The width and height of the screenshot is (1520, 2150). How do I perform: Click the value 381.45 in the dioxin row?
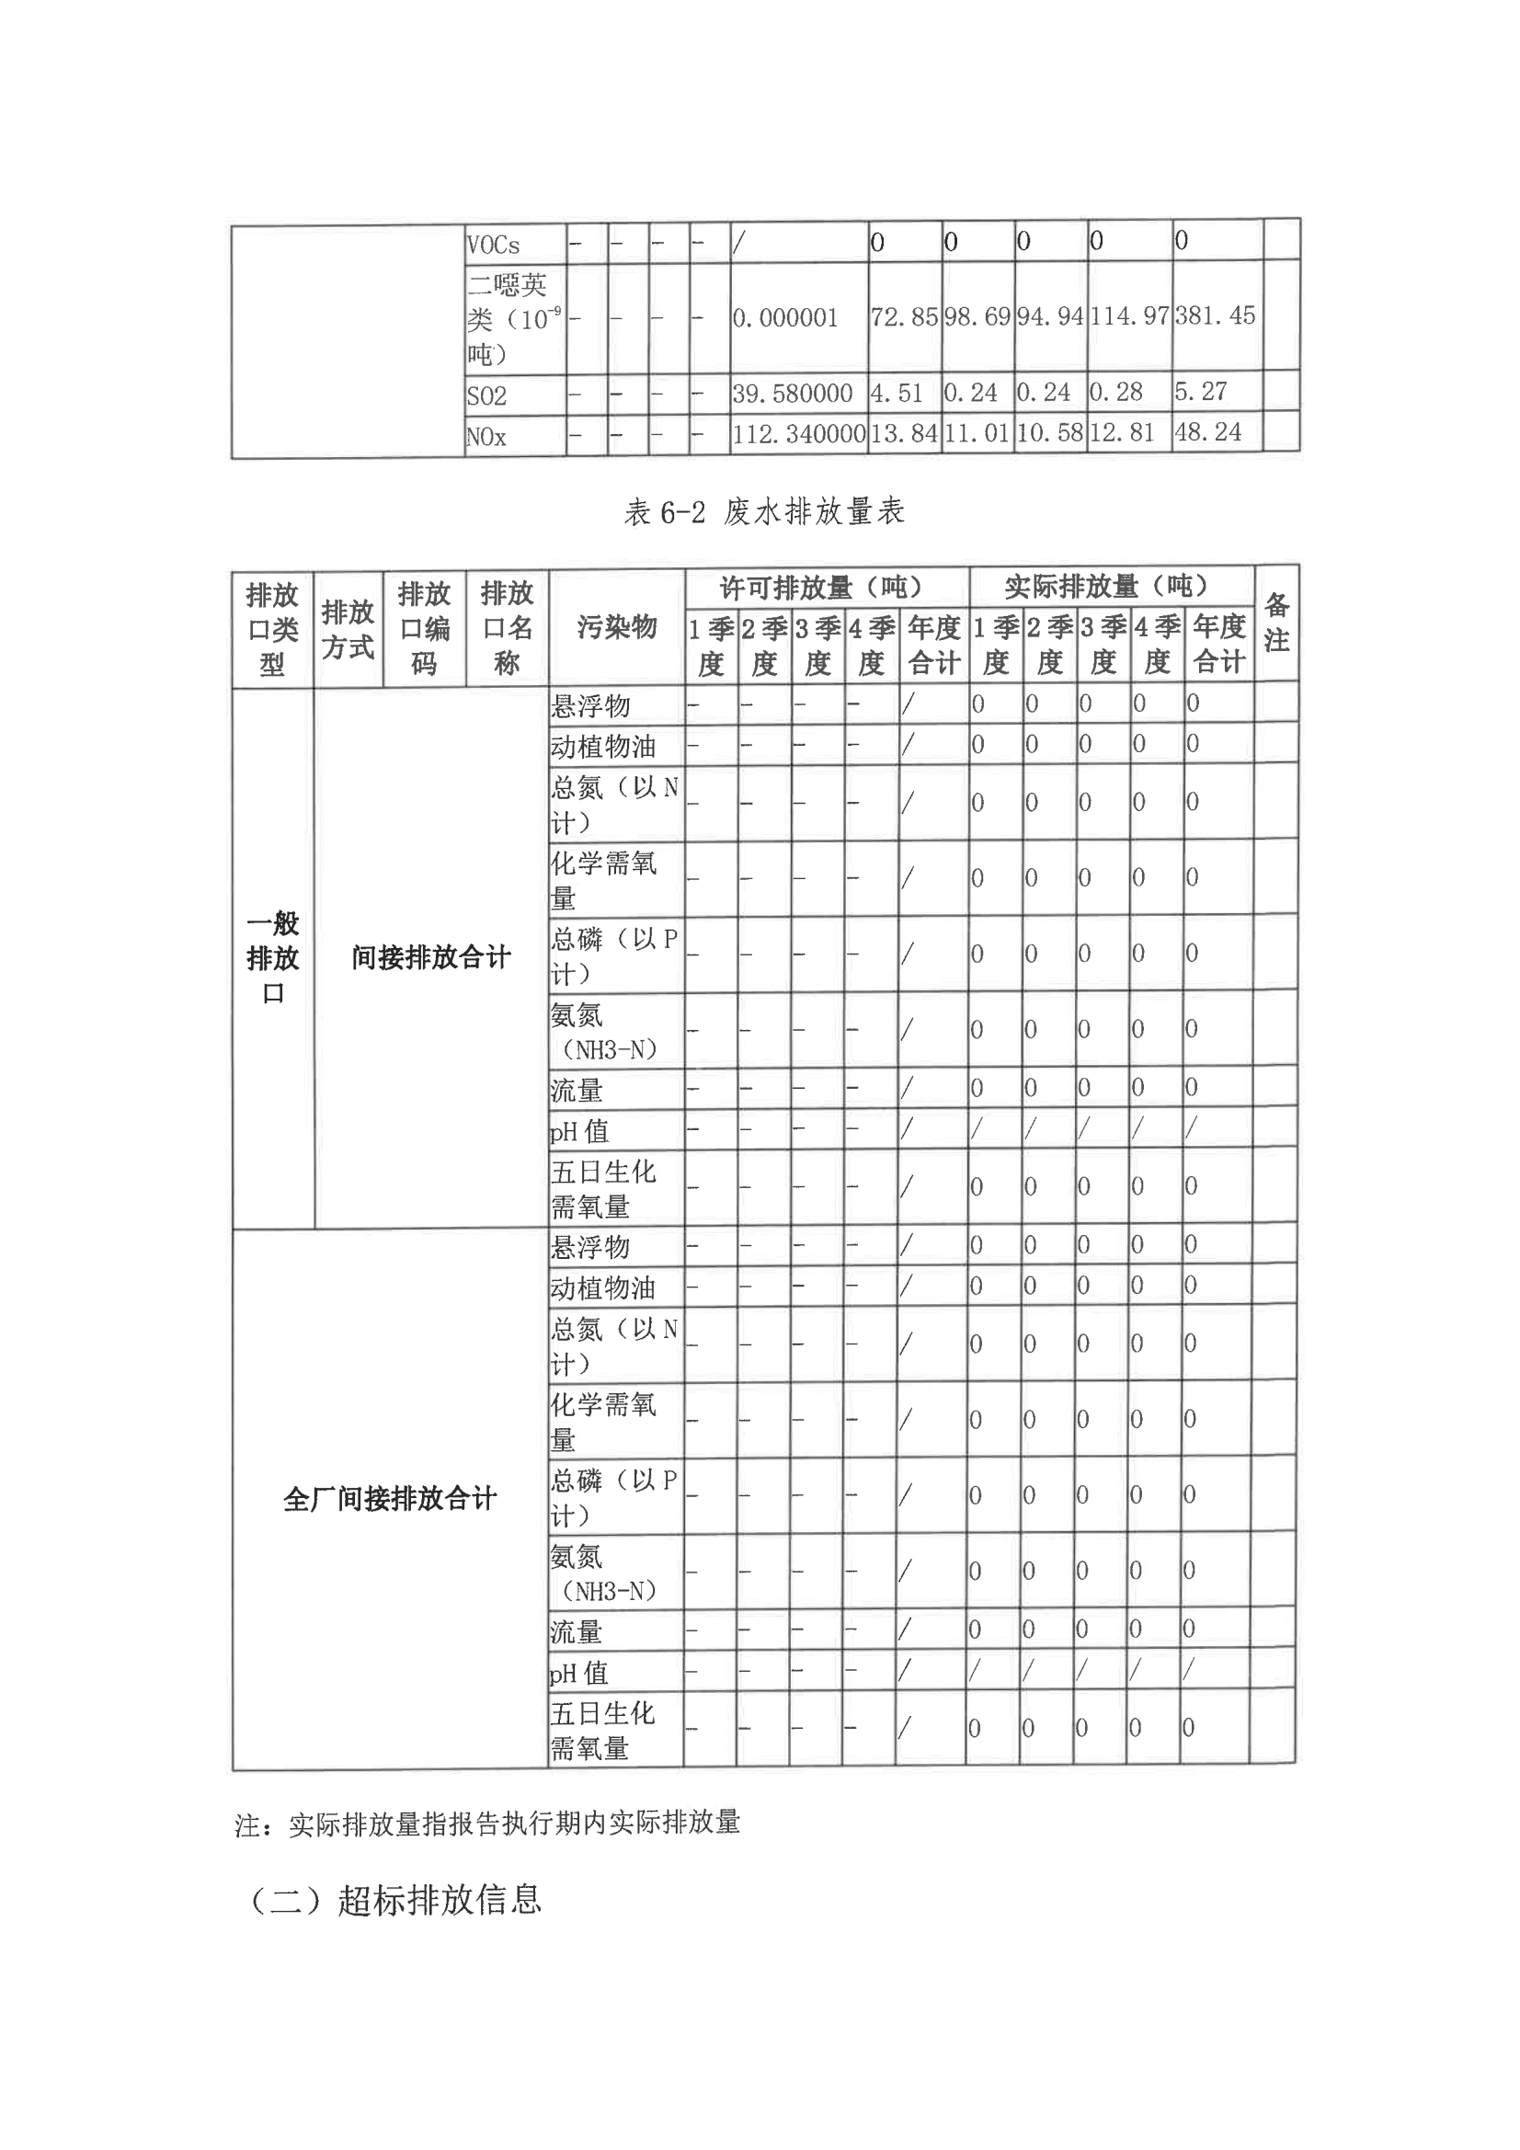click(1215, 315)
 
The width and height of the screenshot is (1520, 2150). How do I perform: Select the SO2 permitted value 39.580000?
click(793, 394)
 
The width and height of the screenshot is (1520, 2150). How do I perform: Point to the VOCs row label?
click(494, 246)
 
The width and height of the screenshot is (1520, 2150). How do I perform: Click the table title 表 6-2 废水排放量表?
click(764, 512)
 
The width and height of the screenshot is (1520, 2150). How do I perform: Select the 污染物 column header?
click(616, 627)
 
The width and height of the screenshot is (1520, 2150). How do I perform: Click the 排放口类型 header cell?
click(272, 629)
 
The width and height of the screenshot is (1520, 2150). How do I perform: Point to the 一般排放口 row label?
click(272, 958)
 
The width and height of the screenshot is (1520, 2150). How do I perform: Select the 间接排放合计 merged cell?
click(432, 958)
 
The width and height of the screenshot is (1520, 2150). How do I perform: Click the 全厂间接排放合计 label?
click(390, 1499)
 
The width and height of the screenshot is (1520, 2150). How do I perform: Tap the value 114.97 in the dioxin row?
click(1128, 316)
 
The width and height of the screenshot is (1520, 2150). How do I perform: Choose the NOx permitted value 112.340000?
click(799, 433)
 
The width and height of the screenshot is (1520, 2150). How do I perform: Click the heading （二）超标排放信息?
click(394, 1899)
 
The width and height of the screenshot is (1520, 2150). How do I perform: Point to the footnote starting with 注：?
click(487, 1823)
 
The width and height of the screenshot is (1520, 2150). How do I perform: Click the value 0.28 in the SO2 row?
click(1115, 393)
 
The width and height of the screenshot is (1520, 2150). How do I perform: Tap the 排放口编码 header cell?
click(424, 628)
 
